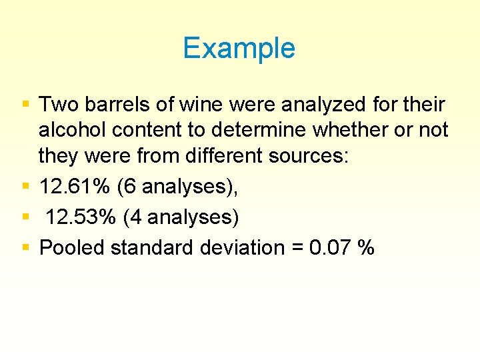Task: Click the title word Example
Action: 239,49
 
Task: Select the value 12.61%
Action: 74,186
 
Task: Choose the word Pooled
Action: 73,247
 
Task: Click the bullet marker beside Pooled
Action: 25,247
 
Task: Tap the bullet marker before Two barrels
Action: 25,105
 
